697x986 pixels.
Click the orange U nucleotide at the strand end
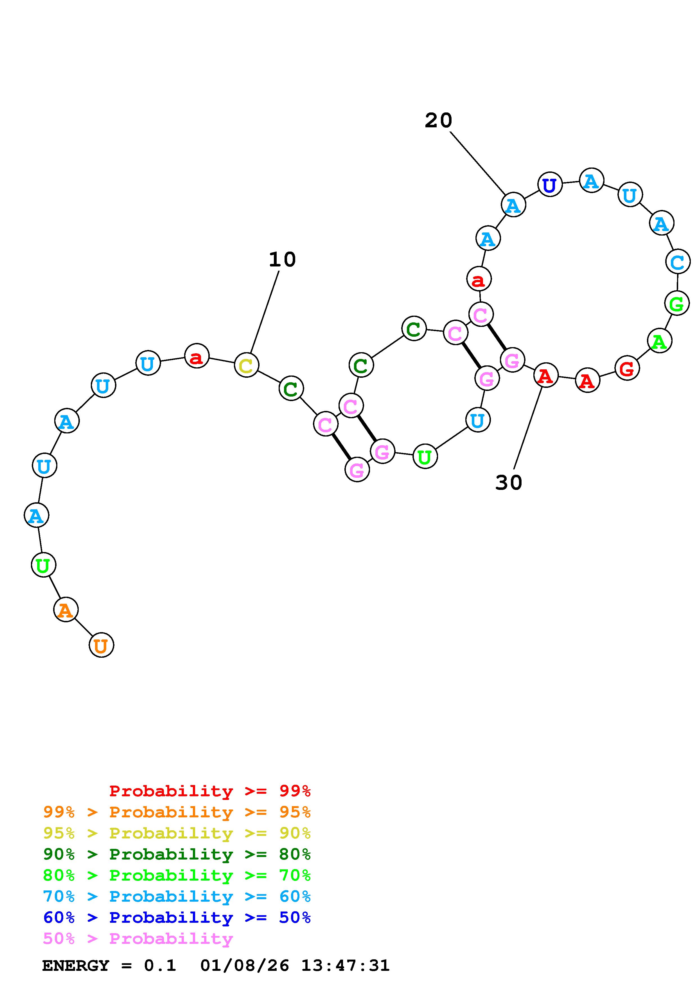101,645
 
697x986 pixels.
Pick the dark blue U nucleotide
550,185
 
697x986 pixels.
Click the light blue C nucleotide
677,261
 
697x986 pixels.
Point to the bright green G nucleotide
676,303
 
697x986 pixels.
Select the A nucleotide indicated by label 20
513,205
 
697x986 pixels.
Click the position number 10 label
282,259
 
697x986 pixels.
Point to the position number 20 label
438,120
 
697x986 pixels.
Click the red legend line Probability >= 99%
210,791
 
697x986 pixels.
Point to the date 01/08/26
245,965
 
